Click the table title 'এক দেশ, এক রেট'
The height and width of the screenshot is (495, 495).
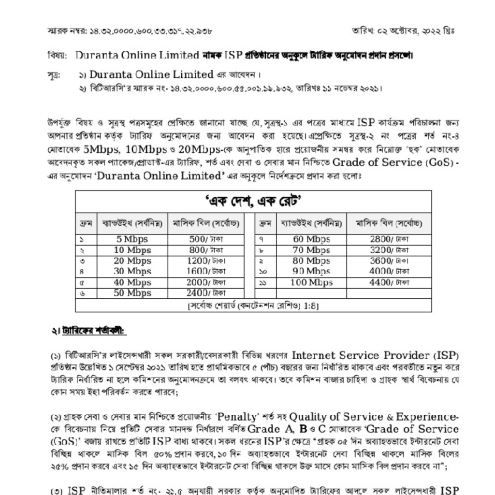tap(253, 200)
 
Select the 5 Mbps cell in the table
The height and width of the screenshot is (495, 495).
tap(132, 239)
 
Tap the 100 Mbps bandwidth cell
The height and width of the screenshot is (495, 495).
tap(311, 282)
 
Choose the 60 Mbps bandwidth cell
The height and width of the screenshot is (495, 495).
tap(311, 239)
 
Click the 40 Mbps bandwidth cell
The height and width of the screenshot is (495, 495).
tap(132, 282)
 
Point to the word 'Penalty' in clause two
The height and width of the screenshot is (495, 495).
tap(234, 416)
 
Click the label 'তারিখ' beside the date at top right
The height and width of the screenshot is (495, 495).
tap(361, 31)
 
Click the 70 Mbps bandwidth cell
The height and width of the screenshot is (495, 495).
tap(311, 250)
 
